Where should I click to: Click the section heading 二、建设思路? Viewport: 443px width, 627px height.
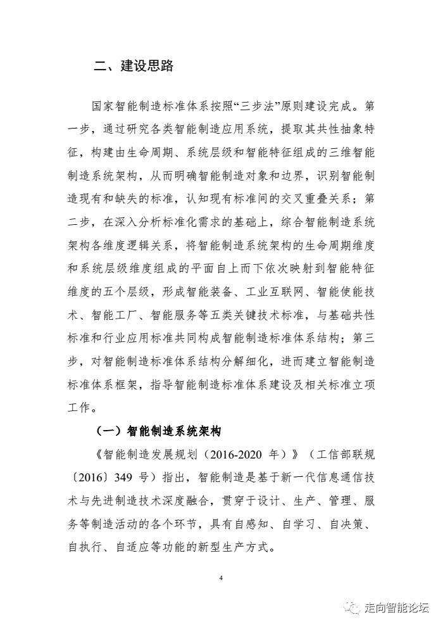[x=134, y=65]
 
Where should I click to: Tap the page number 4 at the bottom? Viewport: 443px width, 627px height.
[x=221, y=578]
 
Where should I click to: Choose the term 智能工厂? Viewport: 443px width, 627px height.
[x=120, y=315]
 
